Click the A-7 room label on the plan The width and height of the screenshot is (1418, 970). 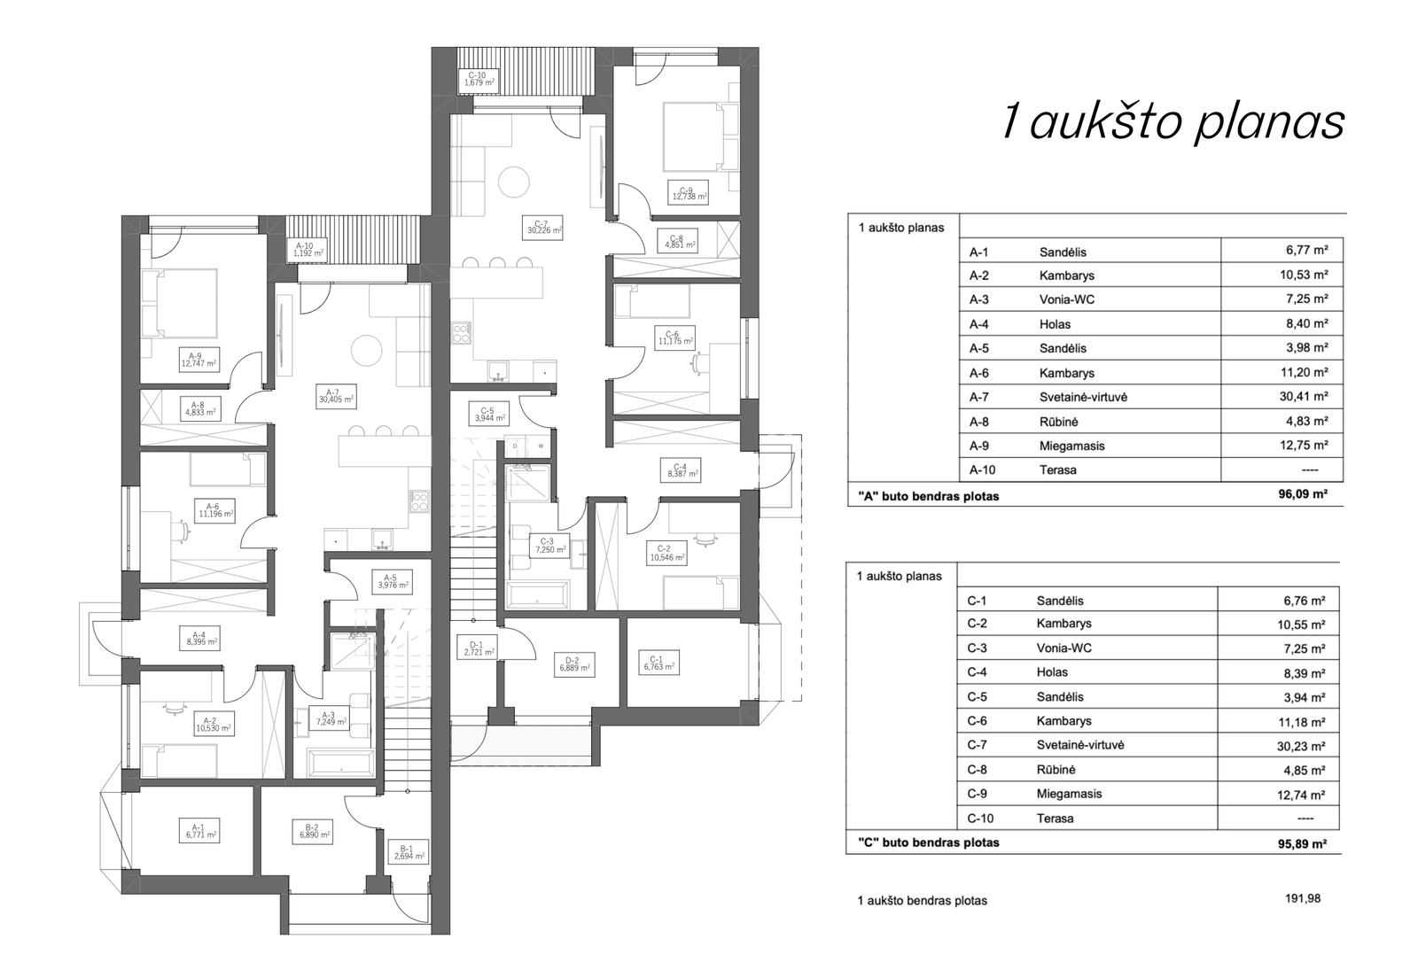(337, 396)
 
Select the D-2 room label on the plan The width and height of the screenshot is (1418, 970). (575, 664)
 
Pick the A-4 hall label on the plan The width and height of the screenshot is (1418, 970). (199, 639)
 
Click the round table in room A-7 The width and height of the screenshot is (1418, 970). (367, 351)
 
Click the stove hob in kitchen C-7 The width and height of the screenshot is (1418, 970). (462, 333)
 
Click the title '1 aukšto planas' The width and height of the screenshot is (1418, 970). (1173, 123)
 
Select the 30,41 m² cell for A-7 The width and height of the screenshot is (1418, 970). (1305, 397)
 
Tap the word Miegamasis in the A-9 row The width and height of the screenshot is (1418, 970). (1071, 446)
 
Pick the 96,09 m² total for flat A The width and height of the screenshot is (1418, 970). (1303, 494)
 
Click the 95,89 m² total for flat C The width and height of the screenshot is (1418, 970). (1302, 843)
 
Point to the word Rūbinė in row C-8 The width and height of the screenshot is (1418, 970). (1056, 770)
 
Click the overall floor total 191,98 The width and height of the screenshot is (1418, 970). (1303, 898)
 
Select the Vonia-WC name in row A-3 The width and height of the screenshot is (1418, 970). (1067, 299)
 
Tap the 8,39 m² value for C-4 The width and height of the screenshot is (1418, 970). (1304, 673)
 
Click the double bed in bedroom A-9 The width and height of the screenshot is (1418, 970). (180, 304)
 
